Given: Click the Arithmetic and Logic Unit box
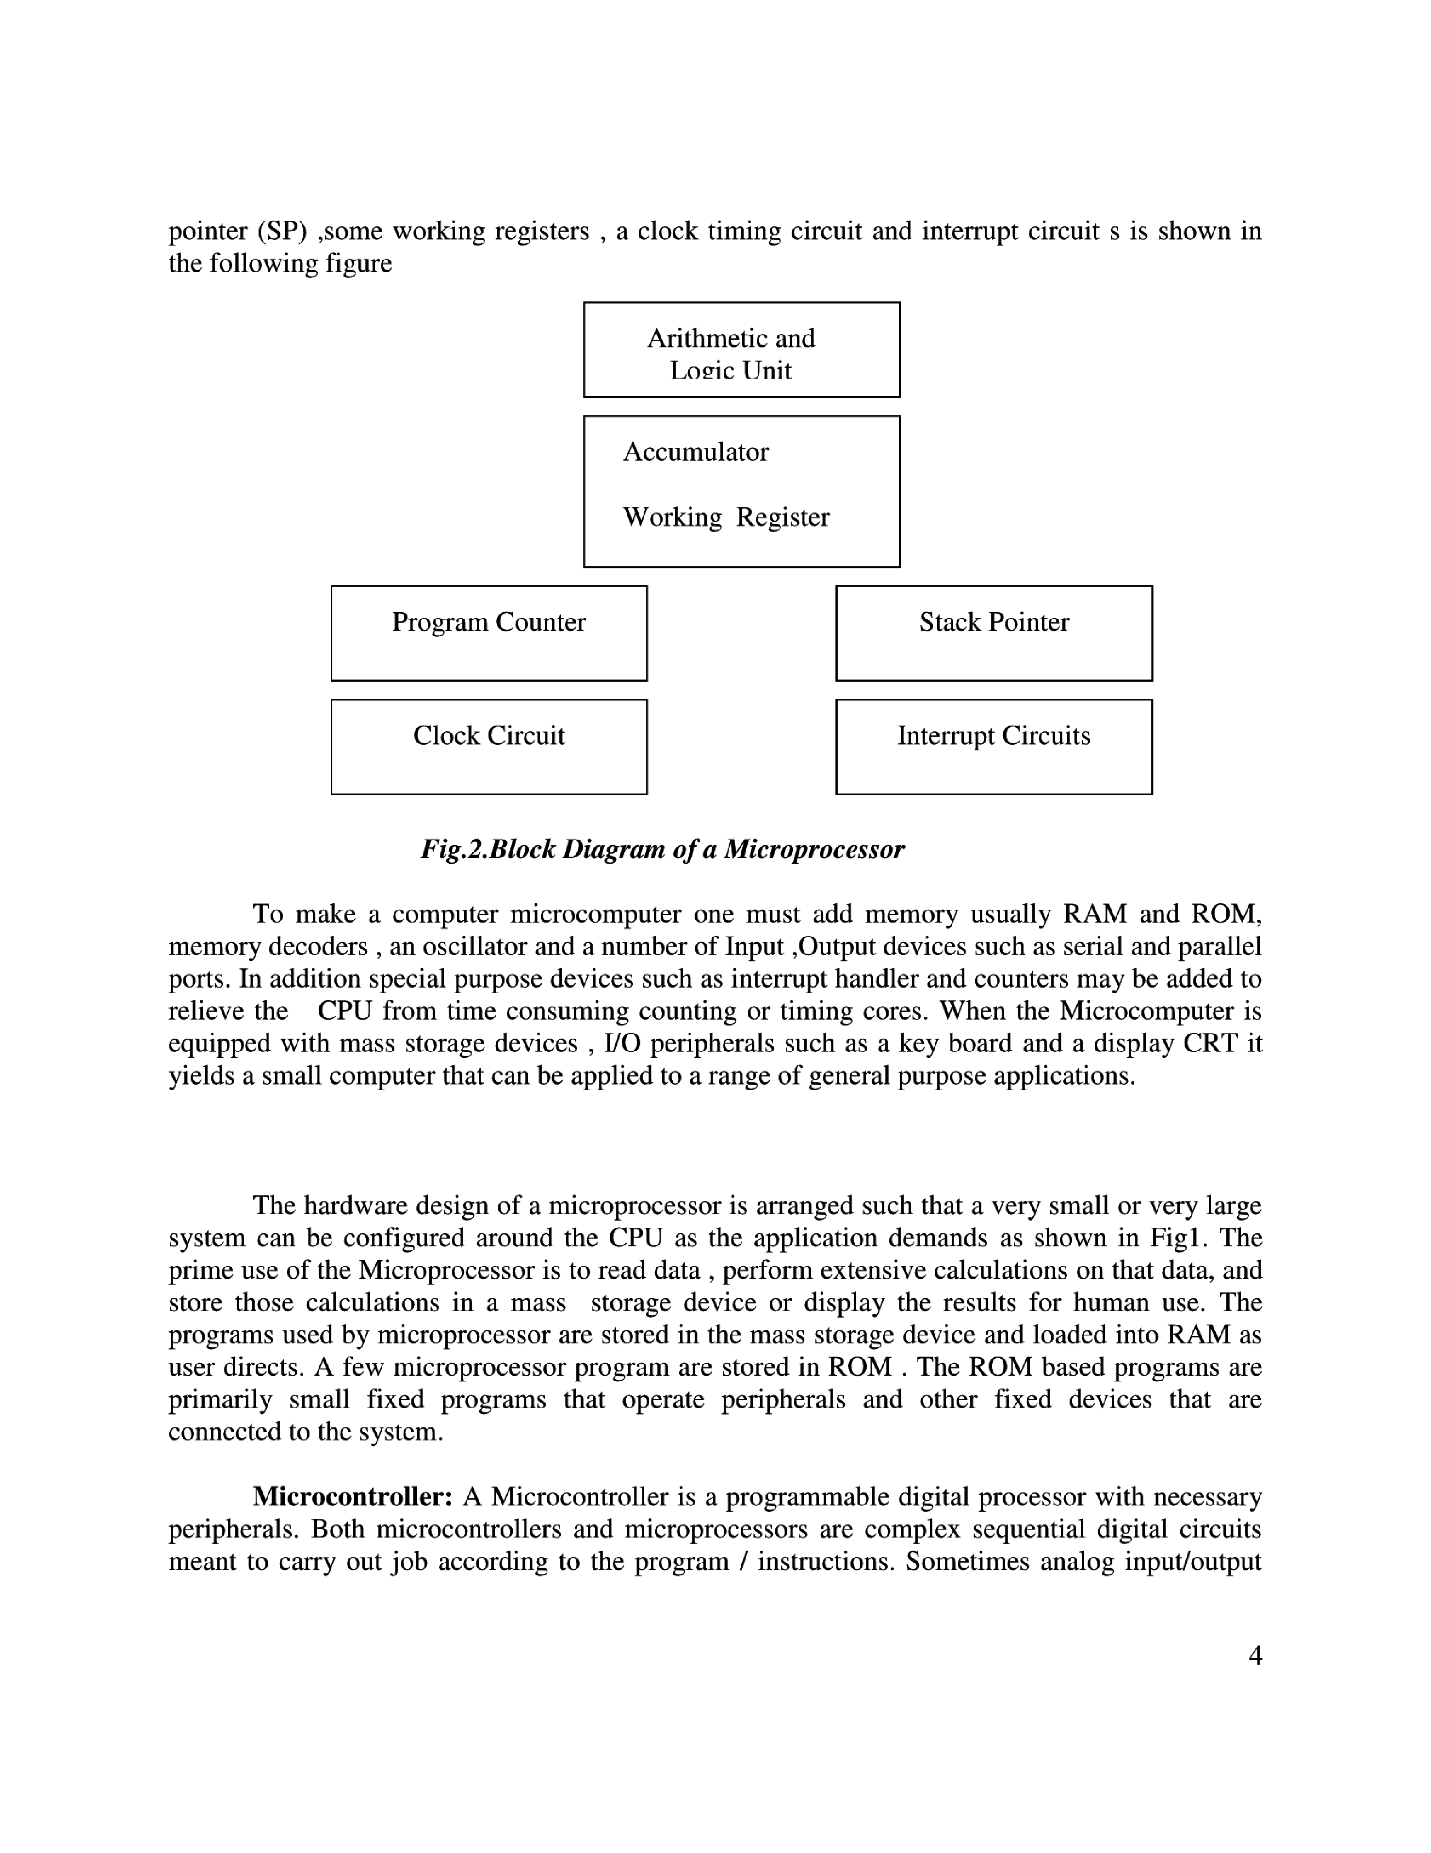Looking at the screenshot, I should [741, 349].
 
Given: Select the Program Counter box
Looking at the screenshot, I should [488, 633].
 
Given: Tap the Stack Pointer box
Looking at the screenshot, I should [993, 633].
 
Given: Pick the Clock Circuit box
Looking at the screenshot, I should [488, 746].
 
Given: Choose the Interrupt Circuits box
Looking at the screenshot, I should [993, 746].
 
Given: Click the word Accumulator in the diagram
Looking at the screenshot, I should [696, 452].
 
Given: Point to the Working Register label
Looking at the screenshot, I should [726, 517].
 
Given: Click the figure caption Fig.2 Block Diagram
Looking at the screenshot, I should [663, 849].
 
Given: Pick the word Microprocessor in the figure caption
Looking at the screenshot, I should [814, 849].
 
